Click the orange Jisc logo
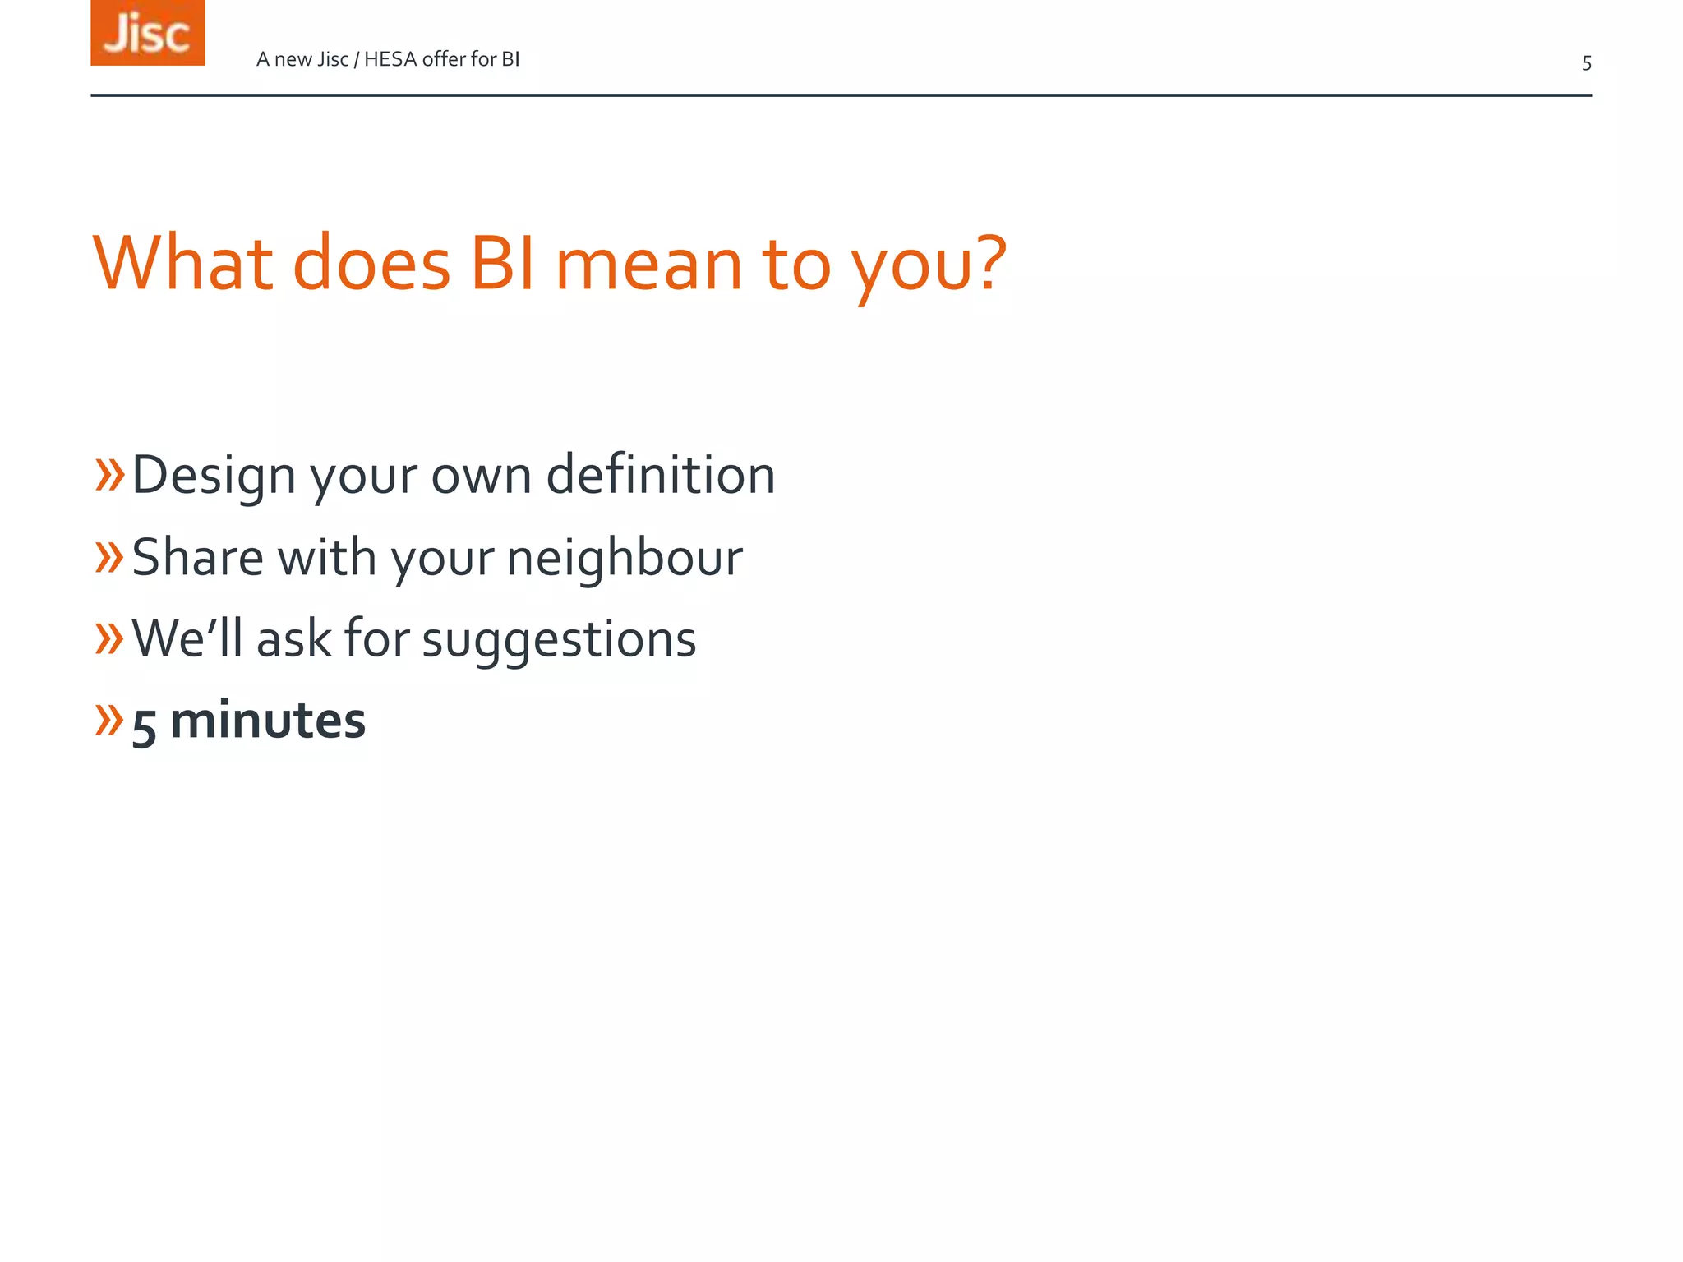click(147, 33)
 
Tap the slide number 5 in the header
click(1586, 63)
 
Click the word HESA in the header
click(390, 59)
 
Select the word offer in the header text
click(444, 59)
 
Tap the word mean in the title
click(649, 265)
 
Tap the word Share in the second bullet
click(197, 557)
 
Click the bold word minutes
click(268, 721)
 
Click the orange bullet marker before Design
click(109, 475)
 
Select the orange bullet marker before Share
click(109, 557)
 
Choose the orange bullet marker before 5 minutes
click(109, 719)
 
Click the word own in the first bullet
click(482, 477)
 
